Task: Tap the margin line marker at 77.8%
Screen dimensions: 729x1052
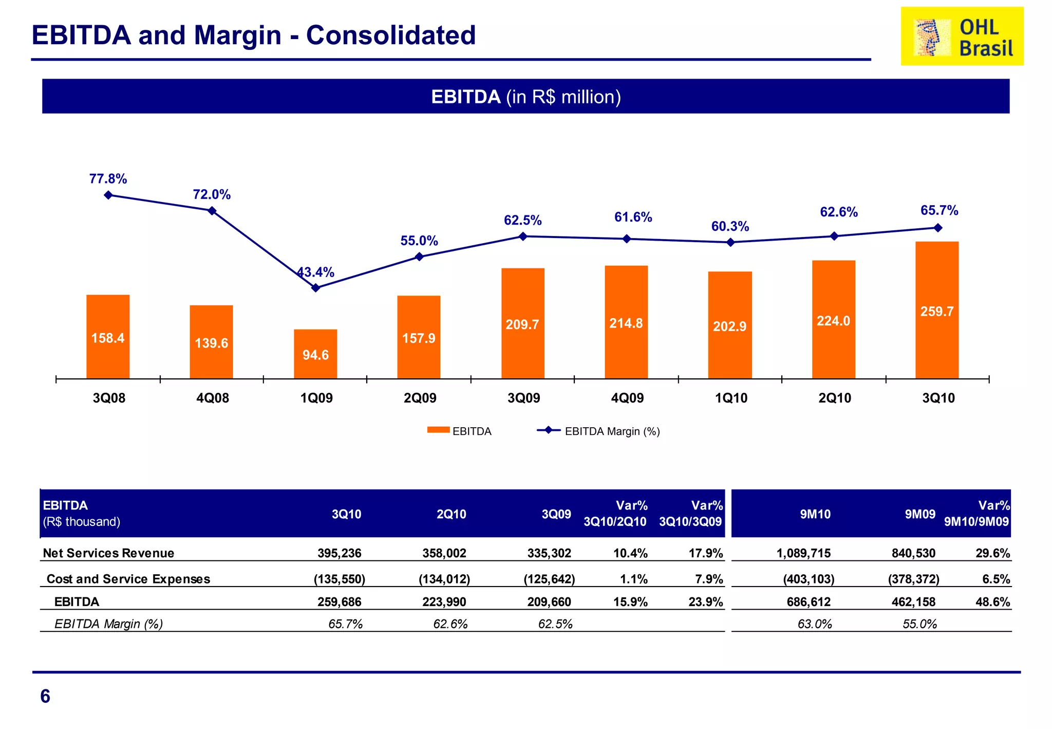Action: point(108,195)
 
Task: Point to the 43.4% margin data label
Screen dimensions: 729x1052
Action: point(316,272)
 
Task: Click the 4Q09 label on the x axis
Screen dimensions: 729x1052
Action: point(627,398)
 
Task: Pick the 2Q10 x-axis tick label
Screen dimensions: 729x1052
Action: point(835,398)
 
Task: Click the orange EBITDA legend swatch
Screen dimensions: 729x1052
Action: point(438,430)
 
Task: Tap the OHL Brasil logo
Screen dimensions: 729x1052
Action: point(962,36)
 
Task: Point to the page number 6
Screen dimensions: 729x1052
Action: point(45,696)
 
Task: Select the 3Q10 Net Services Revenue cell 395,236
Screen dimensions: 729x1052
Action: point(339,553)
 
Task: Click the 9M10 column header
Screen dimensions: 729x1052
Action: point(815,514)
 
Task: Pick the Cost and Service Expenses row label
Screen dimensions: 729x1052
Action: point(128,579)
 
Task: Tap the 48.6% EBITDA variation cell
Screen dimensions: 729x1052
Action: point(992,602)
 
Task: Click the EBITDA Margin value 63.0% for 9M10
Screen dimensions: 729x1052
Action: point(815,624)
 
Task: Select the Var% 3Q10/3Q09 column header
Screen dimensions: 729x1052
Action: point(691,514)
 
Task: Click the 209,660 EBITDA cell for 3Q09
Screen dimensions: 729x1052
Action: point(549,602)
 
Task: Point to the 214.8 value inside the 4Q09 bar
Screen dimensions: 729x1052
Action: point(626,323)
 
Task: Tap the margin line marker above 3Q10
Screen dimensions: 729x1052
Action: point(937,228)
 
